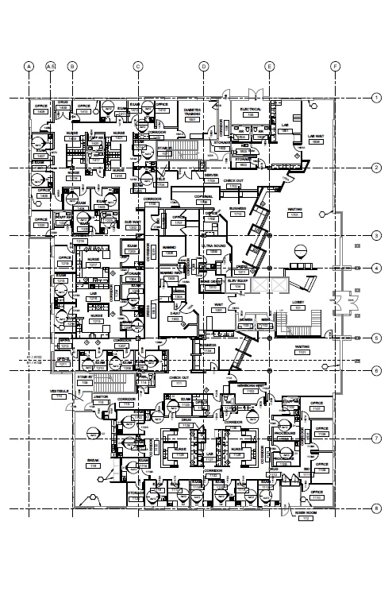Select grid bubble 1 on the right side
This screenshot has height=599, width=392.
375,98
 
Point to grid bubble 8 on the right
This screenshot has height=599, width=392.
375,508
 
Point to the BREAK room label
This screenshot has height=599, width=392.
94,462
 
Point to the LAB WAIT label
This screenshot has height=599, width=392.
315,138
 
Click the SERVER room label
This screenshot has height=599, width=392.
211,176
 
